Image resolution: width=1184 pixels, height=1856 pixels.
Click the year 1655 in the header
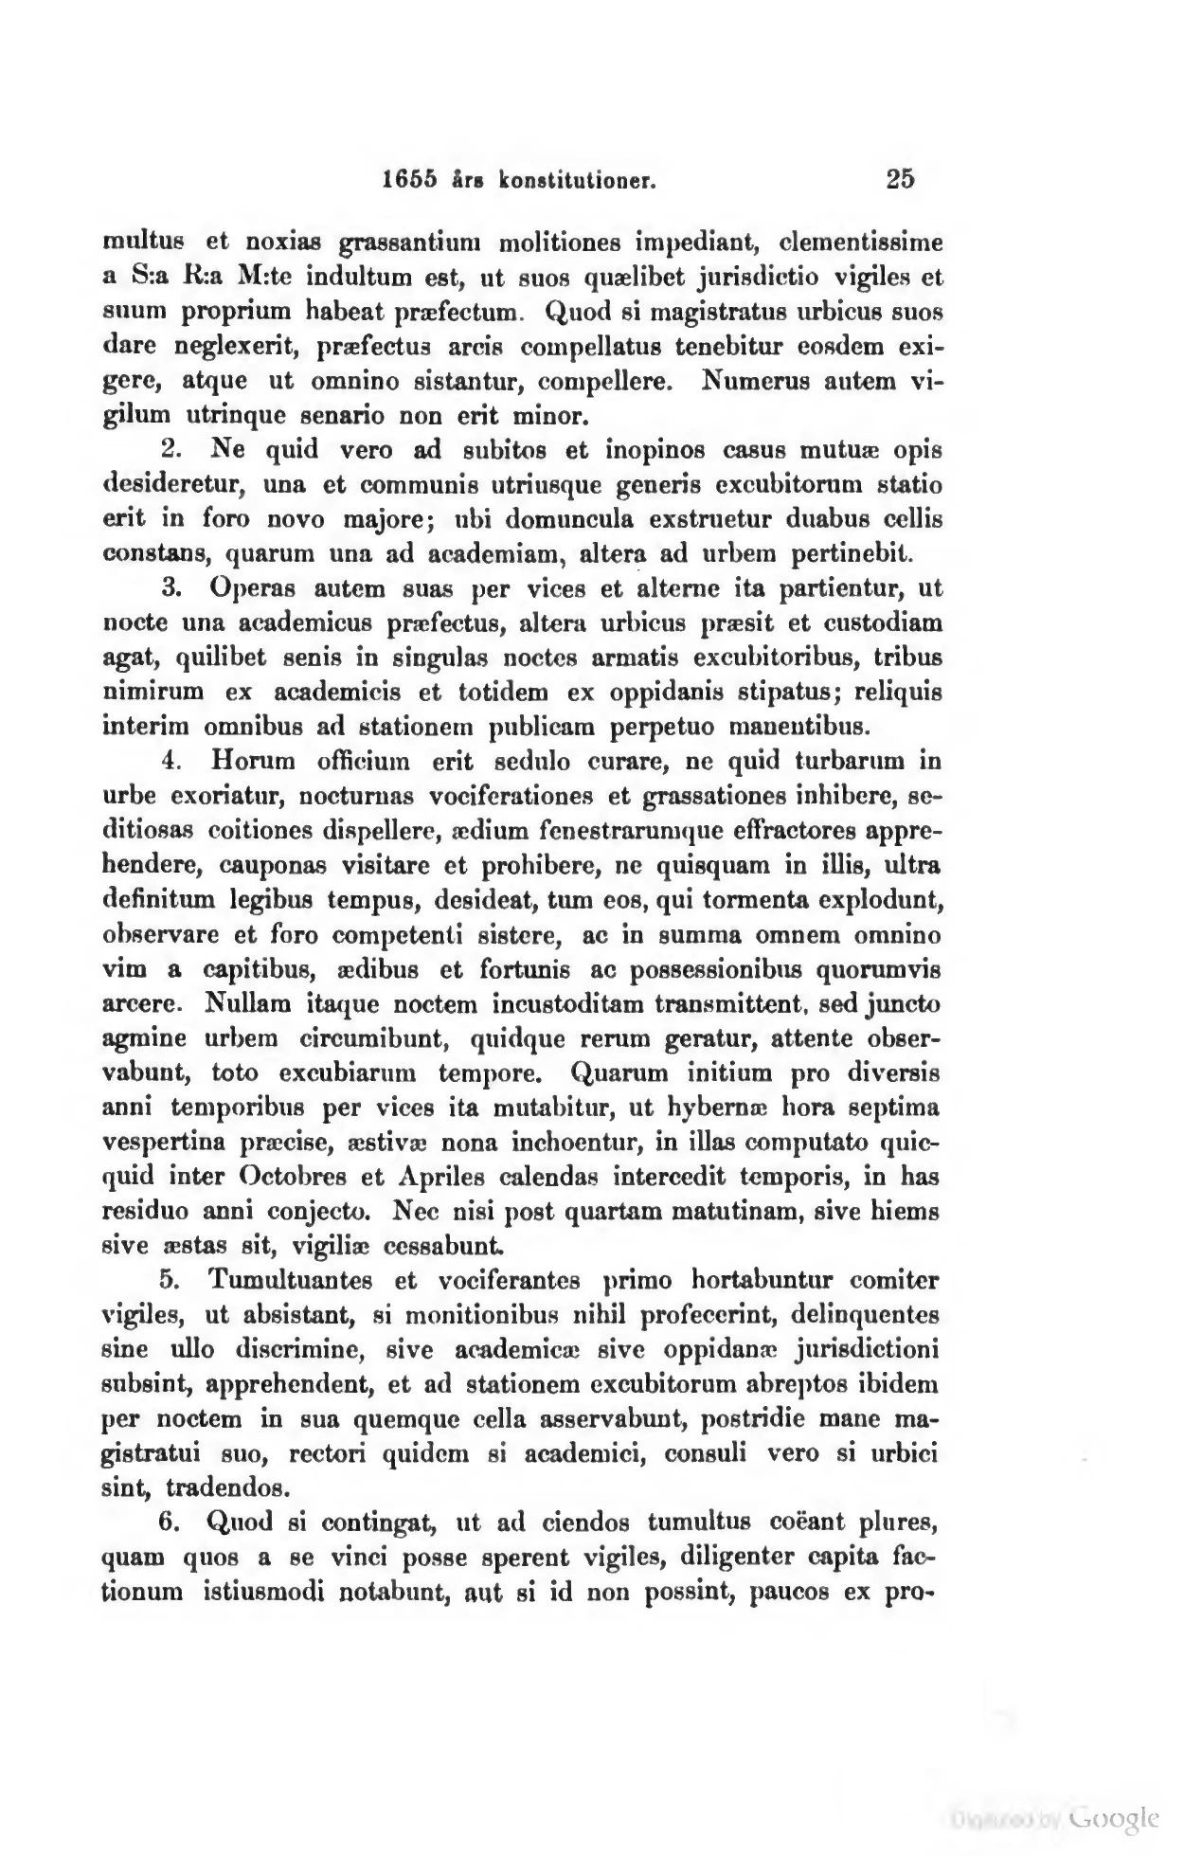click(x=411, y=179)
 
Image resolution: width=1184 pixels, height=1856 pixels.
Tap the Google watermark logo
click(x=1113, y=1817)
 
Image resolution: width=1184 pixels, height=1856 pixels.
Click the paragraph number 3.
click(x=171, y=589)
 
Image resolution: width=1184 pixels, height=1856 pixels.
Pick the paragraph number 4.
click(x=171, y=761)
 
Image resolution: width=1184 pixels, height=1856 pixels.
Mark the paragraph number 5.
click(x=171, y=1282)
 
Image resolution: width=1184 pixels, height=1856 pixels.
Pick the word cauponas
click(x=272, y=866)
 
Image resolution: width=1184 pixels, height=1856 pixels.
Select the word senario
click(x=354, y=416)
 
